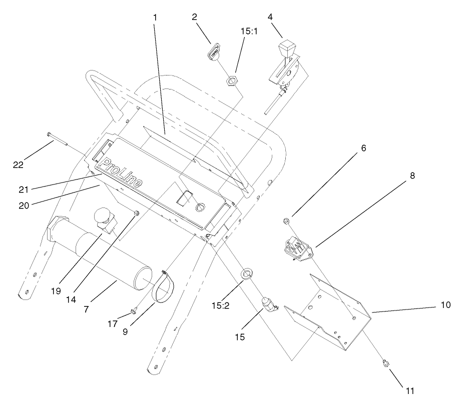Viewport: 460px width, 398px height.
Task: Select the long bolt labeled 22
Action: [60, 140]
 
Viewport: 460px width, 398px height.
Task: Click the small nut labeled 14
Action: [137, 214]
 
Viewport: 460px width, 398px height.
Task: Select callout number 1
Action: [155, 17]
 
